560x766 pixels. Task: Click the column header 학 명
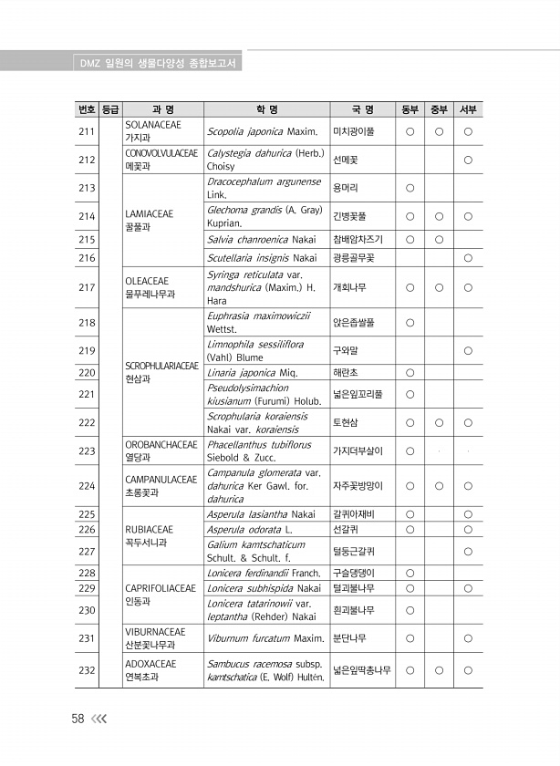click(x=266, y=109)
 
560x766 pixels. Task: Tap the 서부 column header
click(x=467, y=109)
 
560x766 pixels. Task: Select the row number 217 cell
click(x=88, y=287)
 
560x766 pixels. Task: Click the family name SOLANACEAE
click(x=152, y=125)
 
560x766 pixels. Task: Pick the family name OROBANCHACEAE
click(x=161, y=445)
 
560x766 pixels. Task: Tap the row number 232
click(x=88, y=671)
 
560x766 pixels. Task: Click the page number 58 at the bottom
click(x=78, y=719)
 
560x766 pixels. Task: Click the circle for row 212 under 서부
click(x=467, y=160)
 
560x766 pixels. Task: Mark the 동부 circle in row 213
click(x=410, y=188)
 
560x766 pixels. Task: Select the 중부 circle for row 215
click(x=439, y=240)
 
